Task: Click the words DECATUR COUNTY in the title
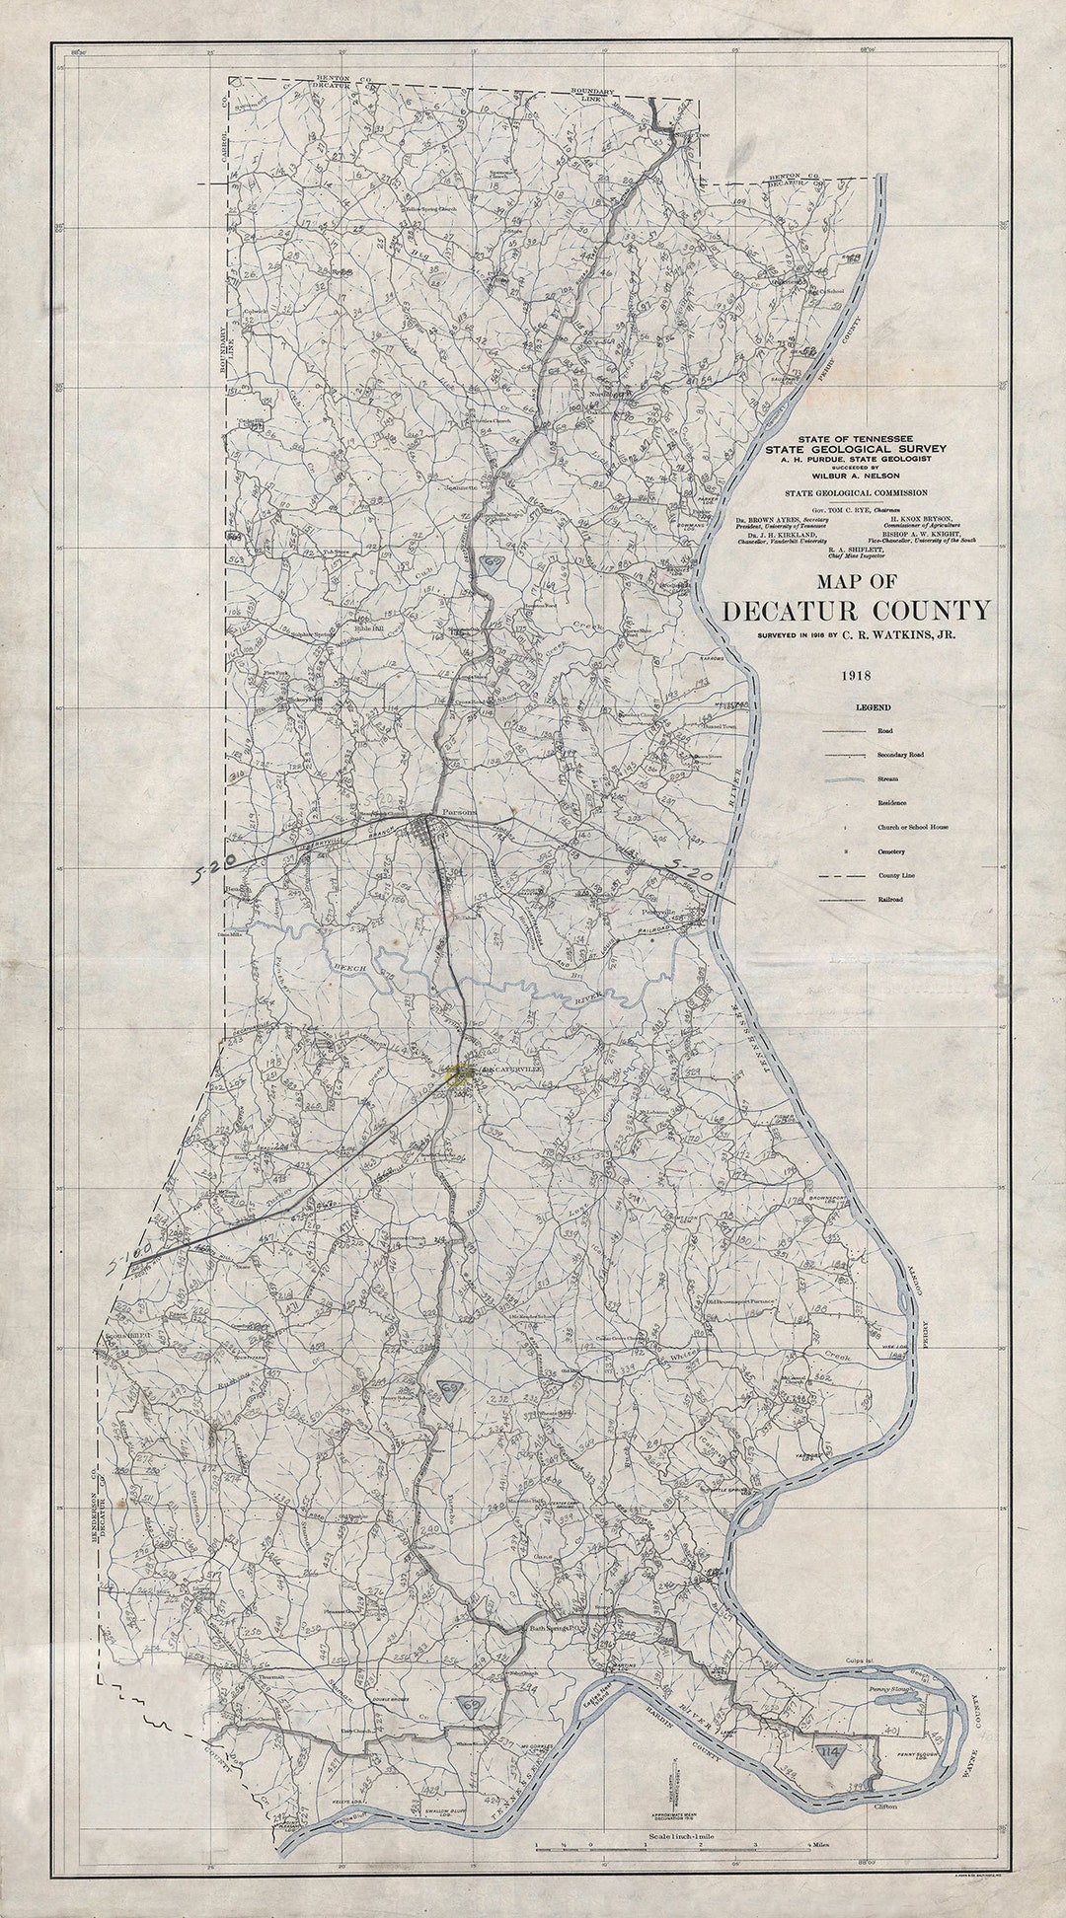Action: click(x=856, y=611)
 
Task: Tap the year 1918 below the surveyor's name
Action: click(x=855, y=677)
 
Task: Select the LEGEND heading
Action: click(x=874, y=707)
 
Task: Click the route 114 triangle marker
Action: click(x=832, y=1752)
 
